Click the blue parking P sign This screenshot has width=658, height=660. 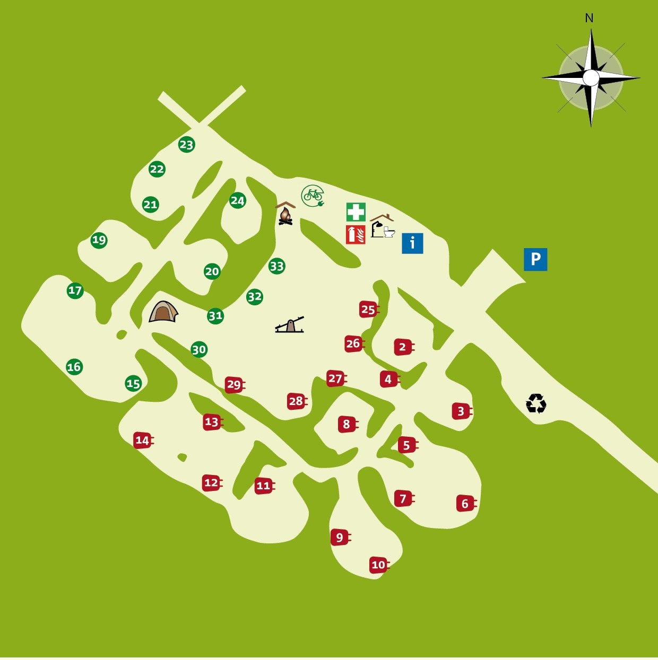535,259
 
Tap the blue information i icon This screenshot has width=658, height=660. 412,243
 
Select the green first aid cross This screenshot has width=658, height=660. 356,212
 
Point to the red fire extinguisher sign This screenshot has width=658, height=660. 356,234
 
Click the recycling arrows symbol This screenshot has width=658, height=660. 536,403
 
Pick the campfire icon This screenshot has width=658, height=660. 285,215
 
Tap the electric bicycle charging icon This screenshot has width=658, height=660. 313,196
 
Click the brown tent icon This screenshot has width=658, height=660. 163,312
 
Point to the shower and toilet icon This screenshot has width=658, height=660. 382,227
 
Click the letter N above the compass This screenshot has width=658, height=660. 589,19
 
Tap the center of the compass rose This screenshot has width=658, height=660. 591,78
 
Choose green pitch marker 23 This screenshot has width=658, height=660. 186,145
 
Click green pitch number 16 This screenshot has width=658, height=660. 74,366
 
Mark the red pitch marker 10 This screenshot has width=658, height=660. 378,565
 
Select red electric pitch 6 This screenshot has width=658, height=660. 465,504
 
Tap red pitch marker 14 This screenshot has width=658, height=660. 142,440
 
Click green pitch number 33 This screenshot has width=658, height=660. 277,266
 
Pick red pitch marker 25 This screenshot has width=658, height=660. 368,310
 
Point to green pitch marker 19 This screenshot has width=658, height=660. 99,240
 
